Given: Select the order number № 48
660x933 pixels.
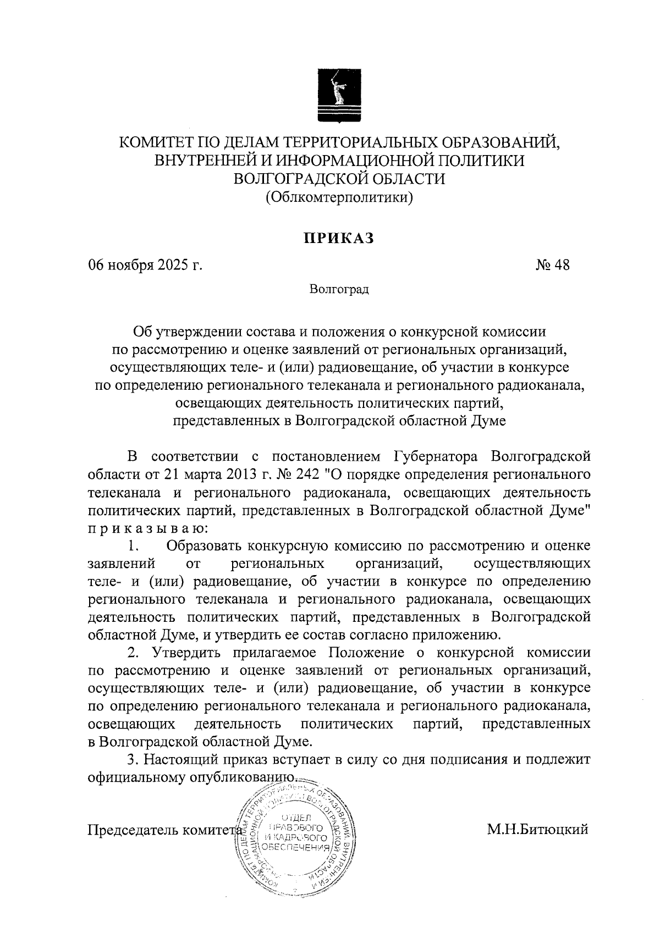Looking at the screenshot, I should pos(552,266).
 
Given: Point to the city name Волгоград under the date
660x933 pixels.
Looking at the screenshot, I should pos(339,289).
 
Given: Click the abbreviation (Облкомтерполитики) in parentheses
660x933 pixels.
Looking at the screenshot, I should pos(339,196).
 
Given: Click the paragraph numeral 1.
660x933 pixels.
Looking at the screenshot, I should pos(132,546).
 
